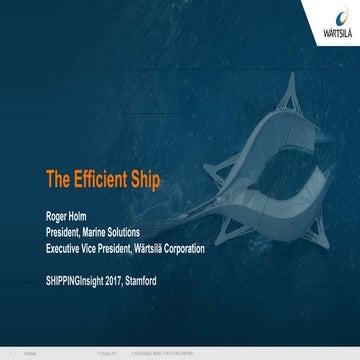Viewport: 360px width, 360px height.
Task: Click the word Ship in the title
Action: (146, 181)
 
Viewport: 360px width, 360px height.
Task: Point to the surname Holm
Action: (83, 212)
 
